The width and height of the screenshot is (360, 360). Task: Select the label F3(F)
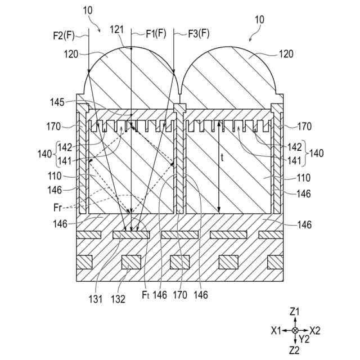coord(197,34)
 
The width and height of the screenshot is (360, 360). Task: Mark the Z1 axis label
coord(294,311)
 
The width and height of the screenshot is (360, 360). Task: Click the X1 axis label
coord(276,330)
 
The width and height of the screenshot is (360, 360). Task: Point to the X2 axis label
coord(314,330)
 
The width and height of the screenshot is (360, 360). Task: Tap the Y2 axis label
coord(304,339)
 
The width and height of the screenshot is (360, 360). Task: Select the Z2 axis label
coord(294,350)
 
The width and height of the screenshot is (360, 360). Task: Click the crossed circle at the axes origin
coord(295,330)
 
